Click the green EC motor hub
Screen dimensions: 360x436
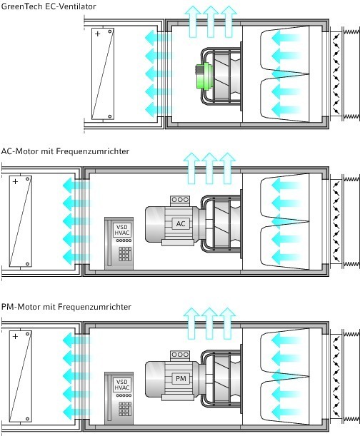pyautogui.click(x=204, y=76)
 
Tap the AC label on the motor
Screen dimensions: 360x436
pyautogui.click(x=181, y=223)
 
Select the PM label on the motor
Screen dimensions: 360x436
pyautogui.click(x=181, y=378)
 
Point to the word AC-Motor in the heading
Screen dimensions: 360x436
pyautogui.click(x=20, y=151)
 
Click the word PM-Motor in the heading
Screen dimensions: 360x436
pyautogui.click(x=21, y=307)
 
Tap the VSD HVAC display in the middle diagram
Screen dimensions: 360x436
pyautogui.click(x=122, y=230)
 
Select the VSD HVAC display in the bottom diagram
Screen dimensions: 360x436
pyautogui.click(x=122, y=385)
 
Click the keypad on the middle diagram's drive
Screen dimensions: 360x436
pyautogui.click(x=125, y=254)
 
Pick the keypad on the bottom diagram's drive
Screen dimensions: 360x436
pyautogui.click(x=125, y=409)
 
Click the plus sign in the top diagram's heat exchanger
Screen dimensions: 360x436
pyautogui.click(x=97, y=34)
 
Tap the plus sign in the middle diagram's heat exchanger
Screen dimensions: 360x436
pyautogui.click(x=15, y=181)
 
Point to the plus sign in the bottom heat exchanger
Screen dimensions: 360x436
pyautogui.click(x=15, y=336)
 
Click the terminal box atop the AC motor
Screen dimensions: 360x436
pyautogui.click(x=180, y=201)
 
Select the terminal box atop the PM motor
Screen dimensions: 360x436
pyautogui.click(x=180, y=355)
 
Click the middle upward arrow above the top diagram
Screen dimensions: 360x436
pyautogui.click(x=211, y=21)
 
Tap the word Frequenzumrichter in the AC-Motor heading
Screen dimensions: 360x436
pyautogui.click(x=93, y=151)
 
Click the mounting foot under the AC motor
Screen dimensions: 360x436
pyautogui.click(x=178, y=243)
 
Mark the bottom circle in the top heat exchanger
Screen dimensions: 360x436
pyautogui.click(x=110, y=116)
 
